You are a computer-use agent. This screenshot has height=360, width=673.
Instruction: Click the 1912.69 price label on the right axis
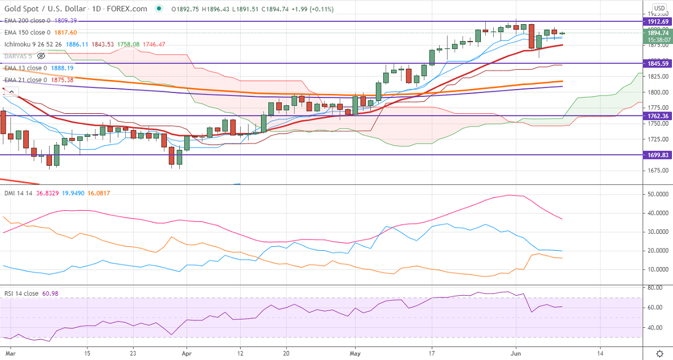657,21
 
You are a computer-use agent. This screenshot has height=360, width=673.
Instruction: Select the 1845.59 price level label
657,63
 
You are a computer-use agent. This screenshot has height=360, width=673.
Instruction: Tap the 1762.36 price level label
657,116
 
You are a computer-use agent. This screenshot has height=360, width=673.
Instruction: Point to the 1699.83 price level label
657,154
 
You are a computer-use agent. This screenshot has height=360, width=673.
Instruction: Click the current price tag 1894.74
657,33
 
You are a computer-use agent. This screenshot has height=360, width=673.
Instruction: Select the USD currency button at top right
659,8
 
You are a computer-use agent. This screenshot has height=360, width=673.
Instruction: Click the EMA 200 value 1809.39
66,20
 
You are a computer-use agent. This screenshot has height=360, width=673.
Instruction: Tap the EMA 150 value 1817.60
66,33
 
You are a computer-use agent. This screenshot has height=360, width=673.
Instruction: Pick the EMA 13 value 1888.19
63,68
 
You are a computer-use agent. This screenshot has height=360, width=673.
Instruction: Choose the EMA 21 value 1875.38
63,80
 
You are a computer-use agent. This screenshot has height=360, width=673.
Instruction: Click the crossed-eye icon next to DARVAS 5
41,56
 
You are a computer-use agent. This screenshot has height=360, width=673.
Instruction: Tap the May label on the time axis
356,353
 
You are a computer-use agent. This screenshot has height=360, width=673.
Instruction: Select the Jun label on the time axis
515,353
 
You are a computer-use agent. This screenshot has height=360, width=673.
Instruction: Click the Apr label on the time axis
186,353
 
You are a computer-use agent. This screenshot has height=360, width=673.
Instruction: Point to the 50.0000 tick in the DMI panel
657,194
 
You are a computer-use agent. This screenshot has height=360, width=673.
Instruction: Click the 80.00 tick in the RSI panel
654,288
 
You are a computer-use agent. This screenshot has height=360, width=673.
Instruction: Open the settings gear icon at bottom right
659,354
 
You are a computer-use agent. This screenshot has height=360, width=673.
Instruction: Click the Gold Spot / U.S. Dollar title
48,8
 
